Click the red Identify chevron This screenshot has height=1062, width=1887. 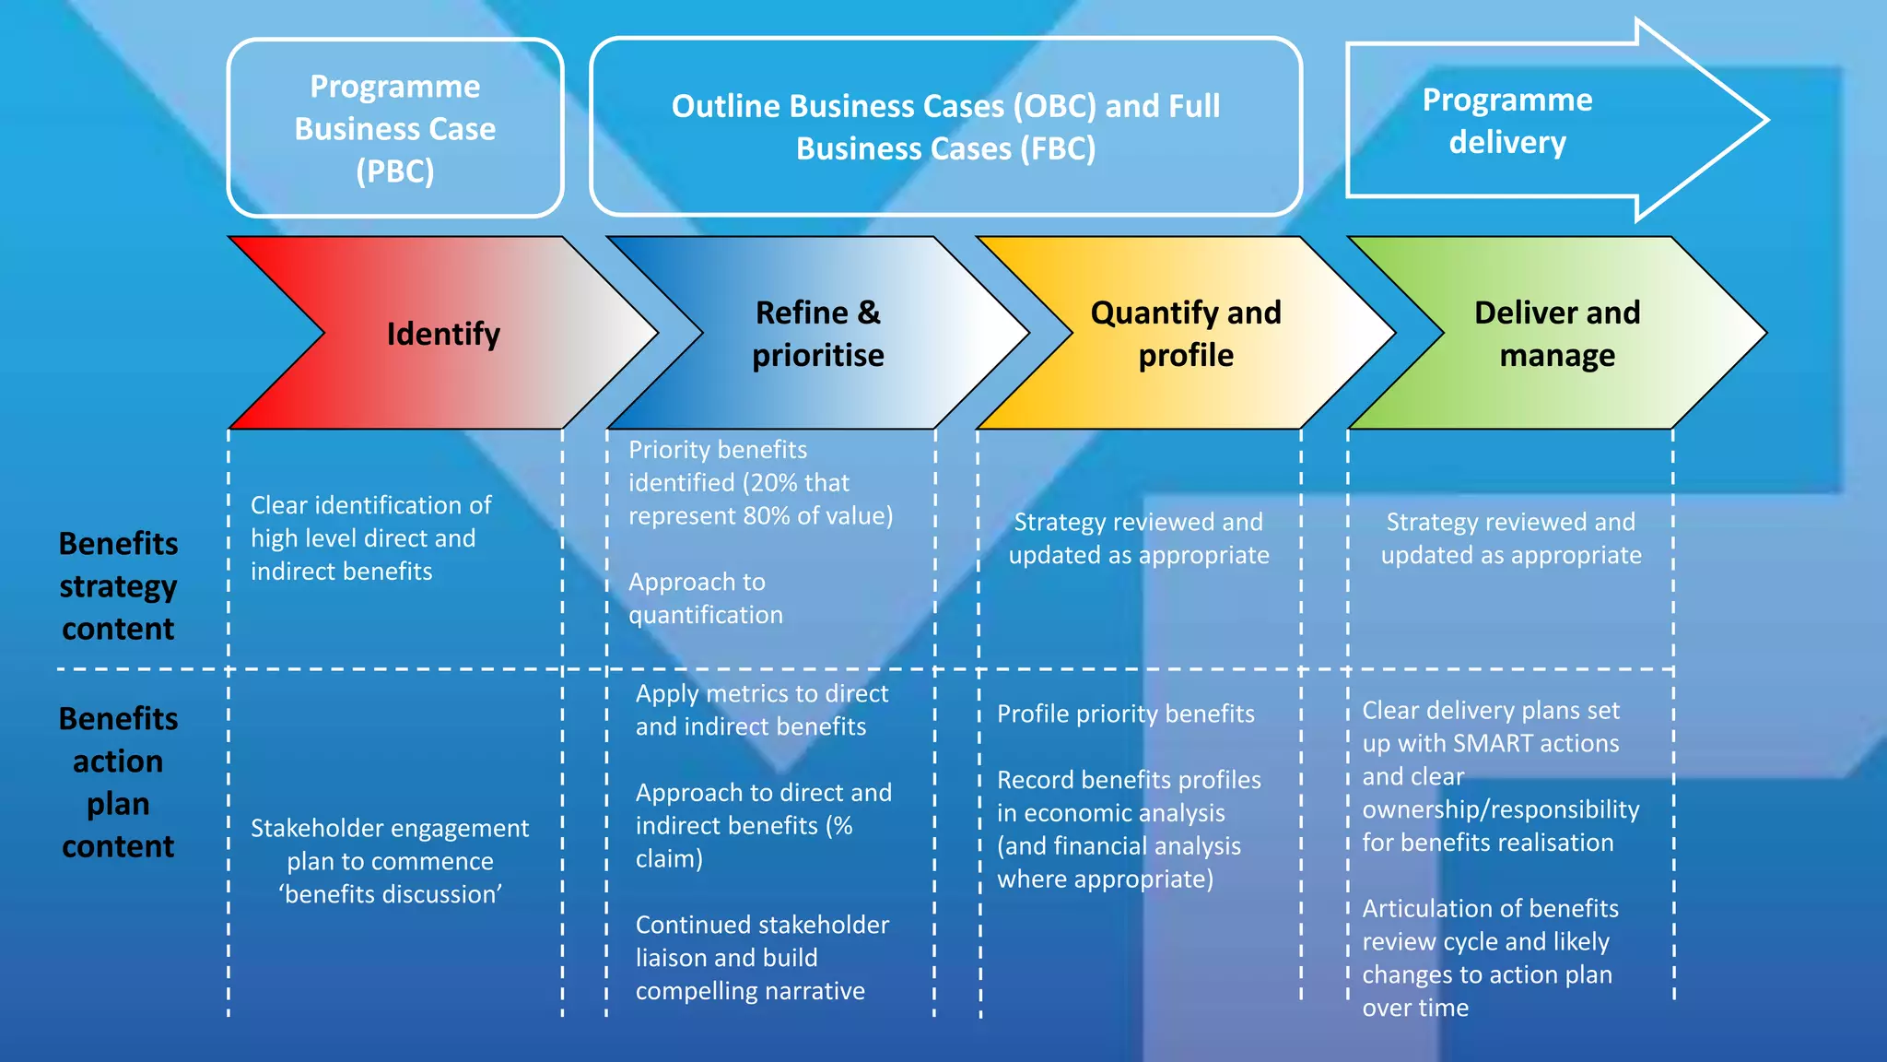coord(442,334)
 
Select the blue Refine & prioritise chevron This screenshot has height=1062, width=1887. coord(817,334)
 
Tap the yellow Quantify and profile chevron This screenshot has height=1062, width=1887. coord(1185,334)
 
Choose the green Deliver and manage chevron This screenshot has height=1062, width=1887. coord(1556,334)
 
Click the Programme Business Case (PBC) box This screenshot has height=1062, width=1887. coord(395,128)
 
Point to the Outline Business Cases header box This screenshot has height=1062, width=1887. coord(945,127)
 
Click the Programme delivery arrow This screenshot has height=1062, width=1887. coord(1507,121)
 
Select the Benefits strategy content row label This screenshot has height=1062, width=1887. coord(118,586)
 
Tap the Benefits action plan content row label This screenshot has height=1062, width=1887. coord(118,782)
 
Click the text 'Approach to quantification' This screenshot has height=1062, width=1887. coord(705,598)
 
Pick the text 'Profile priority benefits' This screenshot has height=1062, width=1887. coord(1125,714)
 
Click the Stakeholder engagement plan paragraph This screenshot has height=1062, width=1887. coord(390,861)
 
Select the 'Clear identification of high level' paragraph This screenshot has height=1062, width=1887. coord(370,538)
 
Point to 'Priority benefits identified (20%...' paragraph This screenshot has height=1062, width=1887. coord(760,483)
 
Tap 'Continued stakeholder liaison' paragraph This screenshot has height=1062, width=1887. coord(761,958)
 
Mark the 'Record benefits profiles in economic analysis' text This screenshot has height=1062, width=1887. coord(1128,829)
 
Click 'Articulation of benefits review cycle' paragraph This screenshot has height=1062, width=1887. coord(1489,958)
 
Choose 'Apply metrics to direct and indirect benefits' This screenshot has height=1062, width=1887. coord(761,710)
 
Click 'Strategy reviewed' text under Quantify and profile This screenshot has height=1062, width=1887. coord(1138,538)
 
